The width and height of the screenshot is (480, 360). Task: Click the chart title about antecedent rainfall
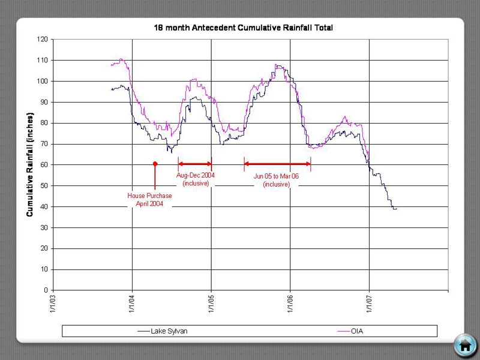243,28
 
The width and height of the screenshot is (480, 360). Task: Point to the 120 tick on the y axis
43,40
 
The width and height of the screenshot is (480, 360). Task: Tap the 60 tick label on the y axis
44,165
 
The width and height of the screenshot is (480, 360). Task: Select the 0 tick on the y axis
47,290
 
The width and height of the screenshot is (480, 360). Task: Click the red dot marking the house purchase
155,163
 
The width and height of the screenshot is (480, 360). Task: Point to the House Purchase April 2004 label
149,200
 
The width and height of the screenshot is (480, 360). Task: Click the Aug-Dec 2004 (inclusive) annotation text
195,179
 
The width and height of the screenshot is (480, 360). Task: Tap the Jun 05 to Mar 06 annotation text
277,181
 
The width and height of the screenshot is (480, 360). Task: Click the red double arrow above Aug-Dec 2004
195,164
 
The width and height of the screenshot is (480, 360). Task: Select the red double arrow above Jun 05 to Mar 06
277,164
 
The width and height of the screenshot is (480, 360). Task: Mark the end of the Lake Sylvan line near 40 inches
395,208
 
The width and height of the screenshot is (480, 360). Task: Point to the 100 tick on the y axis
43,81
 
